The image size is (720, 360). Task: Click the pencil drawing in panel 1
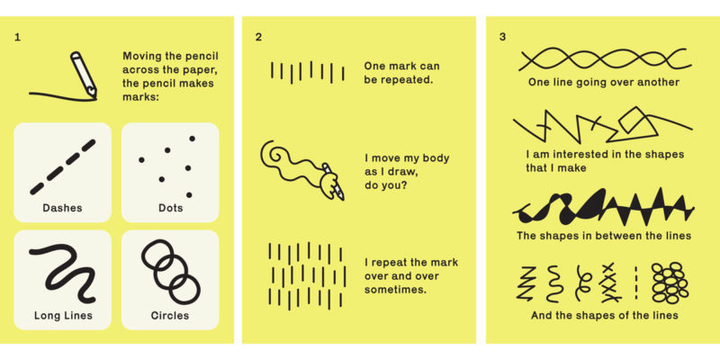[x=84, y=72]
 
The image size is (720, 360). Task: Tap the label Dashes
[x=62, y=208]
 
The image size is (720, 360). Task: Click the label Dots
[x=170, y=208]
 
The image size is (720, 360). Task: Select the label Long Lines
[x=63, y=315]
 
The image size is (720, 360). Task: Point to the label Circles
[x=170, y=315]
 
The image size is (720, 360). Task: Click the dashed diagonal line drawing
[x=62, y=166]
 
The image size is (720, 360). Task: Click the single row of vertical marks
[x=307, y=72]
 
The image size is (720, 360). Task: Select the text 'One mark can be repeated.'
[x=400, y=72]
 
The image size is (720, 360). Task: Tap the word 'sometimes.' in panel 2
[x=395, y=289]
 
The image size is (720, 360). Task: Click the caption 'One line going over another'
[x=604, y=83]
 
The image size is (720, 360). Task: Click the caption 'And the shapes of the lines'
[x=604, y=315]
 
